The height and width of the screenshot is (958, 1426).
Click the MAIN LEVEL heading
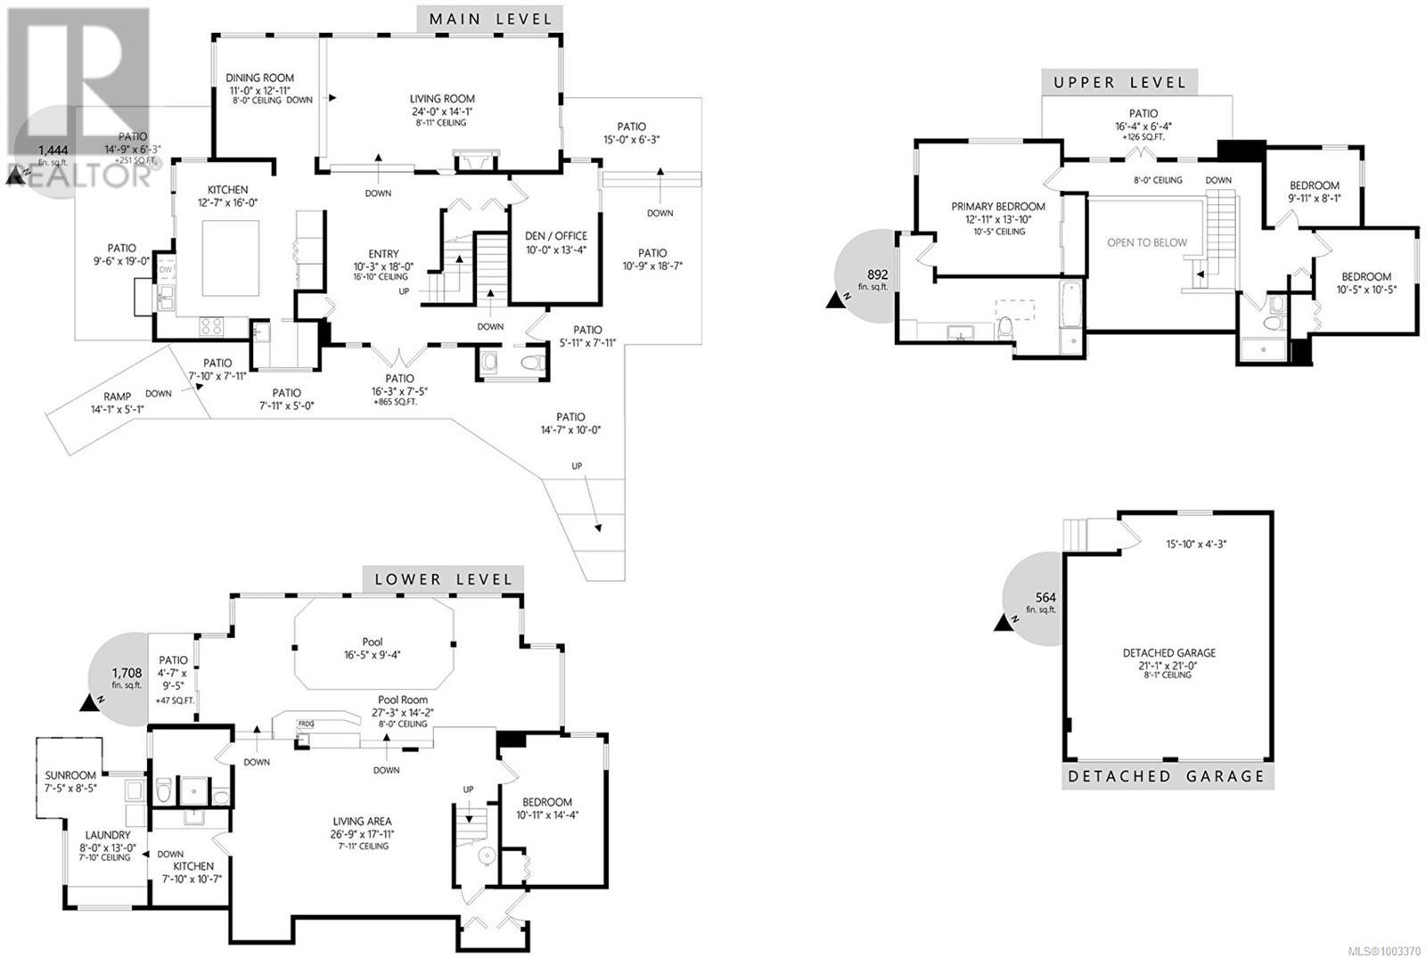(x=490, y=20)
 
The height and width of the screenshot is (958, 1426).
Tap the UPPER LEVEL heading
(x=1119, y=83)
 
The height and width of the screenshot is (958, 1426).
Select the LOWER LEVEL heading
(x=443, y=580)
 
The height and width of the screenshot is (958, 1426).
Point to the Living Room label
(x=442, y=99)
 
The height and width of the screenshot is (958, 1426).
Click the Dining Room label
(x=259, y=78)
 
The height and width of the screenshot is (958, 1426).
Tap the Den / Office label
(x=556, y=236)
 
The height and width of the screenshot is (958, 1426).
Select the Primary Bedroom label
(x=997, y=206)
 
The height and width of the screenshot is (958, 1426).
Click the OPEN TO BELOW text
(x=1146, y=242)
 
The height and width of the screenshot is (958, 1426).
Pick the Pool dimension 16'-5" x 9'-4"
(x=372, y=655)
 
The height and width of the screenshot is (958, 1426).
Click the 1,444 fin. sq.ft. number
(x=53, y=151)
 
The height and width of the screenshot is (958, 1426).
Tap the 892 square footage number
(x=877, y=275)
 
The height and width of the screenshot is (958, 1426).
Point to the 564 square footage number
(x=1045, y=597)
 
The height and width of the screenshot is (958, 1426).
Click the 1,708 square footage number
(x=127, y=673)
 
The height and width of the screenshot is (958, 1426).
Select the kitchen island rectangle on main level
(x=231, y=258)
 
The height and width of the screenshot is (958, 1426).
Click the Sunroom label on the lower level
(x=70, y=775)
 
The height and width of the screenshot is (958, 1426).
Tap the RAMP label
(x=117, y=396)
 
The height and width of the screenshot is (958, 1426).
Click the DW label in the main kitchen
(x=166, y=270)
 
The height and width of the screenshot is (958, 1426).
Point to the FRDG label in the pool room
(x=306, y=724)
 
